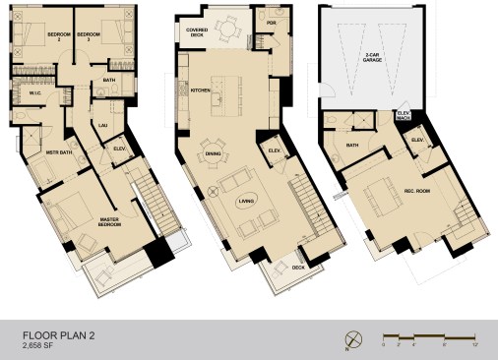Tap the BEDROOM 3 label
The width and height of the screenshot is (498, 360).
coord(90,36)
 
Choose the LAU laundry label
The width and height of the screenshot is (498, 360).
coord(103,125)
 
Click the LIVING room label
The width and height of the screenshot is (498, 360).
coord(246,203)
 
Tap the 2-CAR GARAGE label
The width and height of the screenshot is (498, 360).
coord(372,58)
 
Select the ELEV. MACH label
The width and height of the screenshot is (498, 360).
coord(404,116)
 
